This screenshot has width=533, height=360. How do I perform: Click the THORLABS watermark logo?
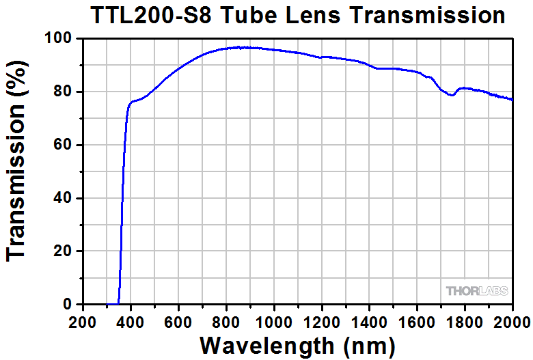(x=478, y=290)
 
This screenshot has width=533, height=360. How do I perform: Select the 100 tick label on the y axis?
(x=59, y=39)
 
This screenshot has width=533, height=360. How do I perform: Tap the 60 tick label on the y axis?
(x=63, y=145)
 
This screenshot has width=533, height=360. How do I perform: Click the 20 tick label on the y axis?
(x=63, y=251)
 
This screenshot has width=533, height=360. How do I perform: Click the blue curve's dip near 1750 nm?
(x=452, y=95)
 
